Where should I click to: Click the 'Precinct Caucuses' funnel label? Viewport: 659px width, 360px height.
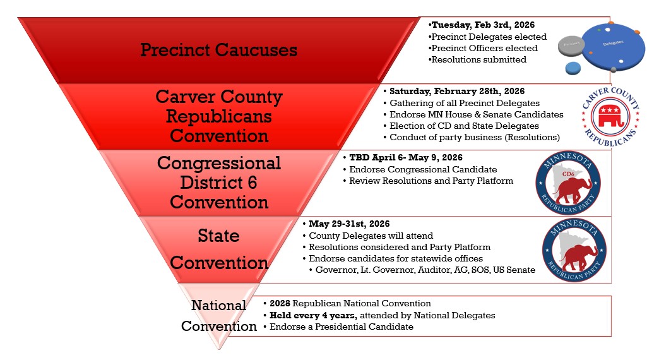click(x=218, y=50)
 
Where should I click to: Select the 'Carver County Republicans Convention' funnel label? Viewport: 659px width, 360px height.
click(x=219, y=116)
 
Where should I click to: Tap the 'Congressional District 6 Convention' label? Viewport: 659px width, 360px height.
click(x=219, y=183)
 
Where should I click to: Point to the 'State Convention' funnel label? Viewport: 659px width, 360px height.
click(x=219, y=249)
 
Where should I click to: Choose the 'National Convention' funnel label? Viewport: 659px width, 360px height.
click(x=219, y=315)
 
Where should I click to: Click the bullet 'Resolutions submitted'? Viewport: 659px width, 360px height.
click(x=478, y=59)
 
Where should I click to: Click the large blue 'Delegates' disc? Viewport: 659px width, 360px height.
click(x=609, y=45)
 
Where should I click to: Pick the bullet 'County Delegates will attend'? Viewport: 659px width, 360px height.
click(x=370, y=236)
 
